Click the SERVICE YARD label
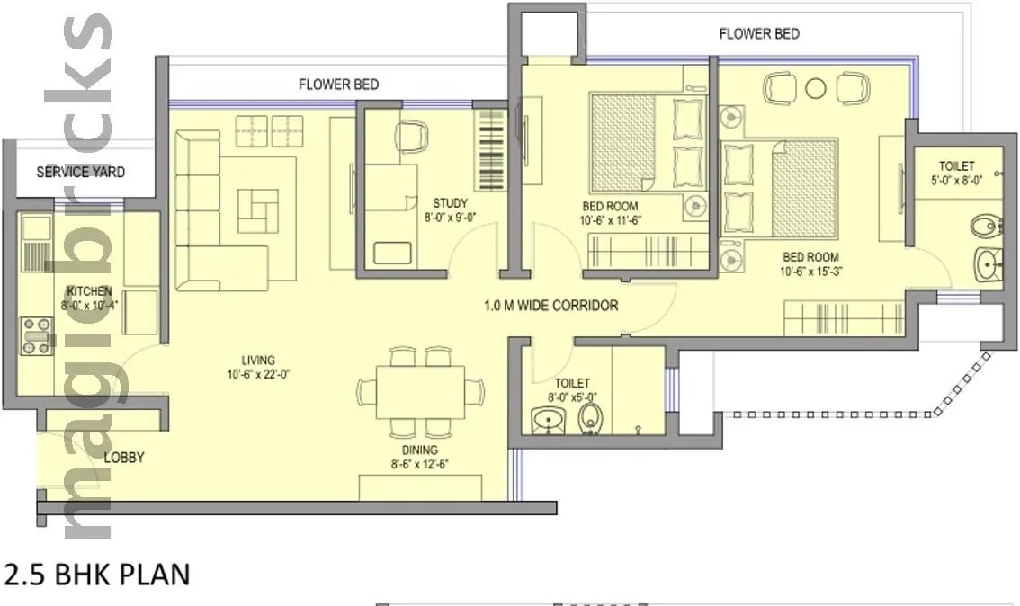click(80, 172)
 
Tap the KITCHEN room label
click(88, 291)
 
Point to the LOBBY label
click(123, 458)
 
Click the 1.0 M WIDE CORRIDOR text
click(550, 306)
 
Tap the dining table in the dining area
click(420, 392)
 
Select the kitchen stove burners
click(35, 334)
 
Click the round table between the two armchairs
click(816, 88)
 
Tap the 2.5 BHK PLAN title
click(97, 575)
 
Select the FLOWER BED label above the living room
click(338, 85)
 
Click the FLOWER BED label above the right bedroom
click(759, 34)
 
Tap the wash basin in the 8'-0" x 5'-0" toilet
click(546, 419)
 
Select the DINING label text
click(420, 450)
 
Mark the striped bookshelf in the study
click(490, 148)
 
